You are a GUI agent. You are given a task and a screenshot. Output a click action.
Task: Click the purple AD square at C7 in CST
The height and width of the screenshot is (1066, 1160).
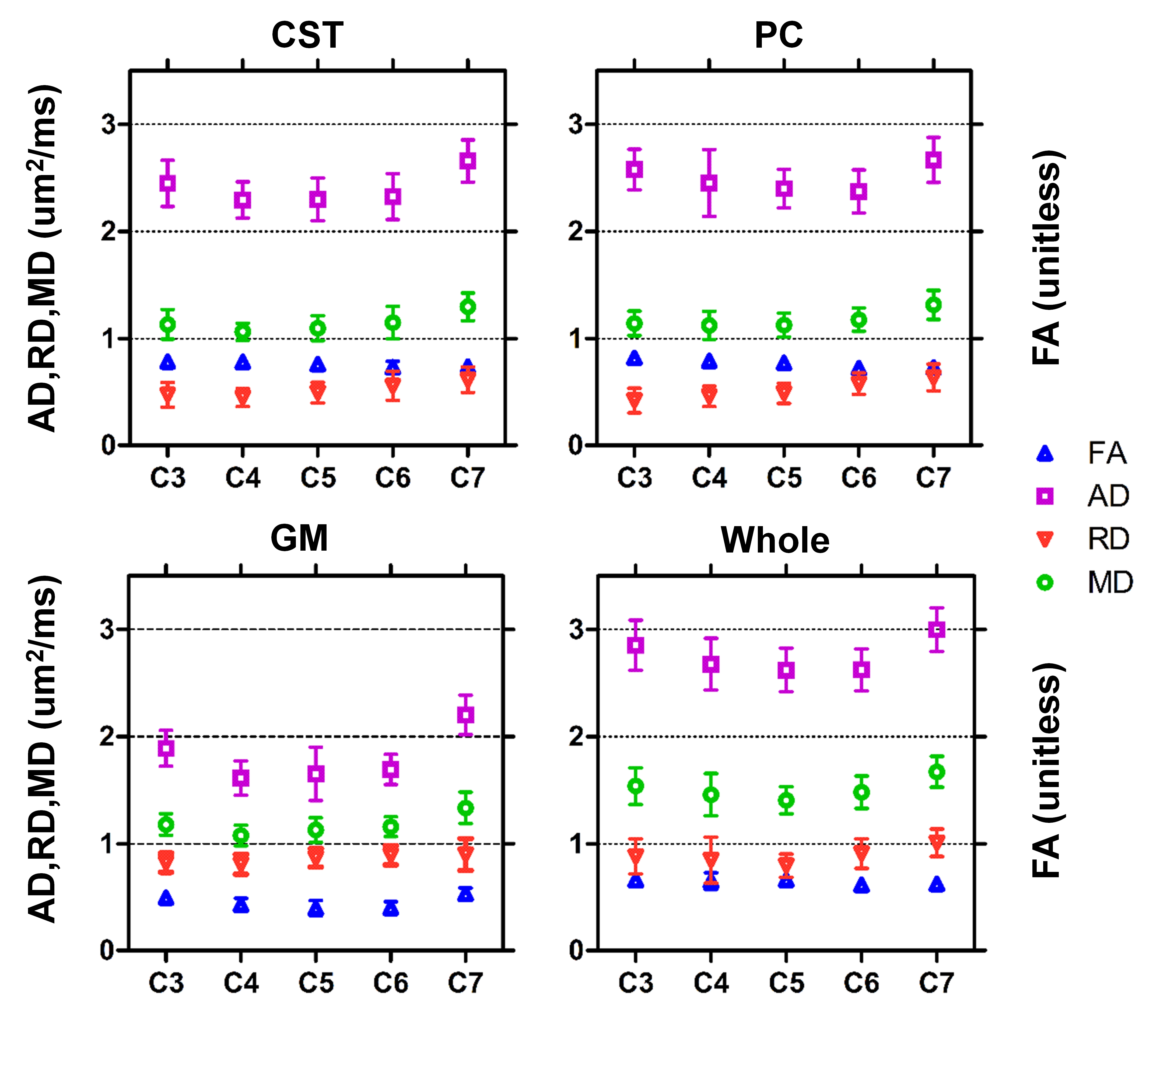point(468,161)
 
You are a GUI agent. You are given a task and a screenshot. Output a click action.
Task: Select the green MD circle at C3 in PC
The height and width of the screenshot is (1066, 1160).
point(635,324)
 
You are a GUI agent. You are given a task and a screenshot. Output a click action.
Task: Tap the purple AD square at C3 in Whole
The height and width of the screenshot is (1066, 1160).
point(636,645)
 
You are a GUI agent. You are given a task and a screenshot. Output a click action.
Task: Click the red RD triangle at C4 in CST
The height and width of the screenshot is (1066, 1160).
point(243,397)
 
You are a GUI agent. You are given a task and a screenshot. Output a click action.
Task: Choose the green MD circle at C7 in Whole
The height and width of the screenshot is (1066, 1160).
point(937,772)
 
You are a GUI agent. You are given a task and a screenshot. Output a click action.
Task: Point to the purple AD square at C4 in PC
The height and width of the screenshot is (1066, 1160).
point(709,183)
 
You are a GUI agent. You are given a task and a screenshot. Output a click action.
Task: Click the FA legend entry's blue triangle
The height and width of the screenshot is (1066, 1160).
point(1045,454)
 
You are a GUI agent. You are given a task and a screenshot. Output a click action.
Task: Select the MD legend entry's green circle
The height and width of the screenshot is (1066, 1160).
point(1045,583)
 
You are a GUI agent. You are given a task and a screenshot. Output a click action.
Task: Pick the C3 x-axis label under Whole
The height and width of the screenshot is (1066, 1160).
point(636,983)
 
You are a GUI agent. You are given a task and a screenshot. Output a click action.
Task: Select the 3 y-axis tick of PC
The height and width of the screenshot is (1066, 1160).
point(575,124)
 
